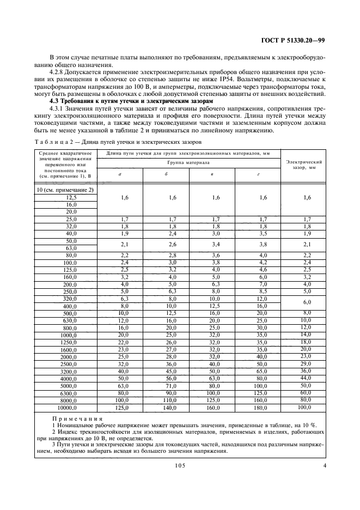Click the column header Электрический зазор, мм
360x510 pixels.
pyautogui.click(x=304, y=165)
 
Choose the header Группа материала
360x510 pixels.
pyautogui.click(x=189, y=162)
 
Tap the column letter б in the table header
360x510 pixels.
pyautogui.click(x=166, y=174)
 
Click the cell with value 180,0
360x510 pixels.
pyautogui.click(x=263, y=407)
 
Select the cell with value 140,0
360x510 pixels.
pyautogui.click(x=166, y=407)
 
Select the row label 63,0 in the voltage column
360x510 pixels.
pyautogui.click(x=71, y=247)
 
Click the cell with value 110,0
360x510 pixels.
pyautogui.click(x=166, y=399)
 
